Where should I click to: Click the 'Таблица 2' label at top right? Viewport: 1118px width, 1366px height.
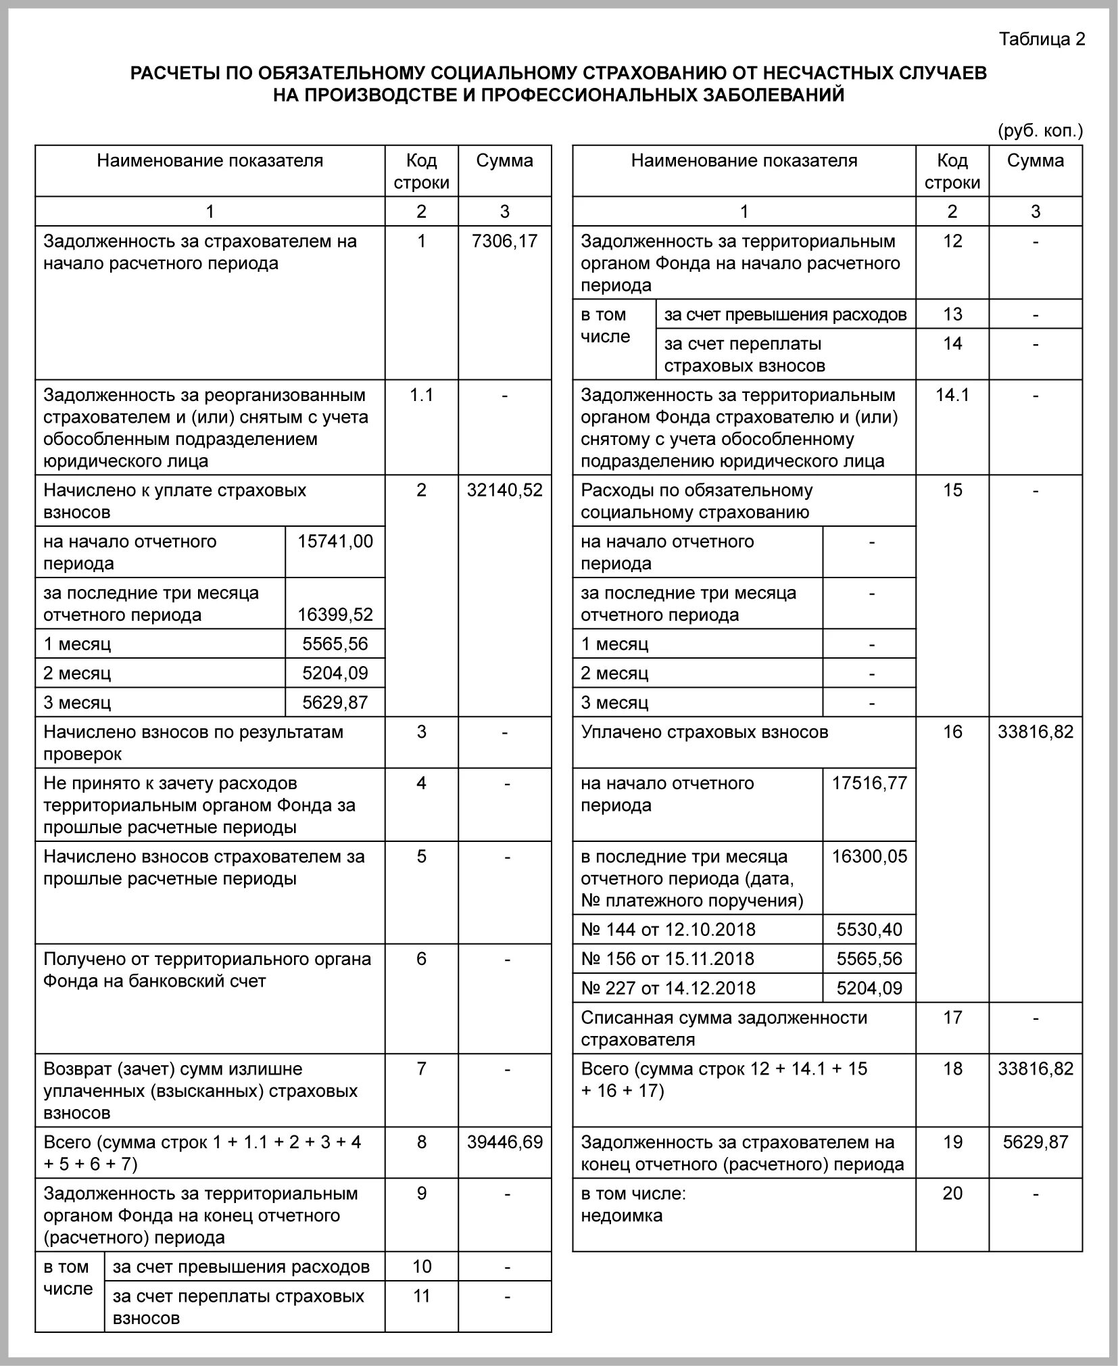click(1042, 39)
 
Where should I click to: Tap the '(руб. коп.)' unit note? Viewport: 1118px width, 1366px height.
click(1040, 131)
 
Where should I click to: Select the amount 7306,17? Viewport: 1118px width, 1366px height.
click(505, 241)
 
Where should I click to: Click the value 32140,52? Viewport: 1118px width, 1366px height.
click(505, 490)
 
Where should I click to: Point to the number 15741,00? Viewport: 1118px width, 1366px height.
click(335, 542)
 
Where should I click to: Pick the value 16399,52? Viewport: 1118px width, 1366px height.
click(335, 615)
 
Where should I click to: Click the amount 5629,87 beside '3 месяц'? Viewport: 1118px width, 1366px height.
click(335, 703)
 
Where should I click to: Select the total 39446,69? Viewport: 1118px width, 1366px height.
click(505, 1142)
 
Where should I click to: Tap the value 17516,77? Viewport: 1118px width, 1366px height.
click(869, 783)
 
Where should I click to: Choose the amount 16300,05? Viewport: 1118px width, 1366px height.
click(869, 857)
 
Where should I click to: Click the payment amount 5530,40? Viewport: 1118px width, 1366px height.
click(869, 930)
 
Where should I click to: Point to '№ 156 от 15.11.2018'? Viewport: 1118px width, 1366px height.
click(668, 959)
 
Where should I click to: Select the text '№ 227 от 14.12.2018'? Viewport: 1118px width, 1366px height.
click(668, 988)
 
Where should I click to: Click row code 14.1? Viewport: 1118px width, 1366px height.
click(952, 395)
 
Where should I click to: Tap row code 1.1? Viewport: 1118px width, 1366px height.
click(421, 395)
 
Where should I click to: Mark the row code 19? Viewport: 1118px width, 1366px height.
click(952, 1142)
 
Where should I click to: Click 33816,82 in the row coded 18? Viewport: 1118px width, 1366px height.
click(1035, 1068)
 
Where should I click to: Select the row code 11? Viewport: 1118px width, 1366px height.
click(421, 1296)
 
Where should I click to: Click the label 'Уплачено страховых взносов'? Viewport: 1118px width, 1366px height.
click(704, 732)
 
